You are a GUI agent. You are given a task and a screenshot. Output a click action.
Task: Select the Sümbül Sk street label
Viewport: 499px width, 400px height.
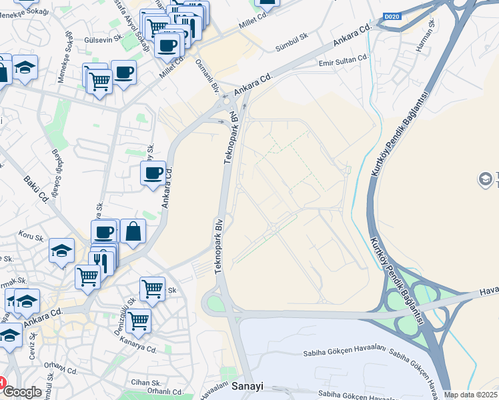tap(291, 42)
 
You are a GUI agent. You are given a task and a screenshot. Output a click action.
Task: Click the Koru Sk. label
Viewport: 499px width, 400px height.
tap(31, 237)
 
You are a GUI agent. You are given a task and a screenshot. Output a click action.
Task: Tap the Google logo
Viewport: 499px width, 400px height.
tap(22, 392)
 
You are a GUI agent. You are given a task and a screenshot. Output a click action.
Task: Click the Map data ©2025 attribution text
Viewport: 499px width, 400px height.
tap(471, 395)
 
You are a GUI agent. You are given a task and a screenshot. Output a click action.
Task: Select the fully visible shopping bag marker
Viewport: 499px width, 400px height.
tap(133, 232)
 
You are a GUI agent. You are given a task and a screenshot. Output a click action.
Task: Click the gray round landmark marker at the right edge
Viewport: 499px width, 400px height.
tap(486, 179)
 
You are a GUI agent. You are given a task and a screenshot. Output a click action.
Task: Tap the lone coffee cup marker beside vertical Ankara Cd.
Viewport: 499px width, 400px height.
tap(153, 173)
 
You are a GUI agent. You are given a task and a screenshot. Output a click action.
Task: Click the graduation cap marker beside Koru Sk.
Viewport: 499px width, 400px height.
tap(62, 251)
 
